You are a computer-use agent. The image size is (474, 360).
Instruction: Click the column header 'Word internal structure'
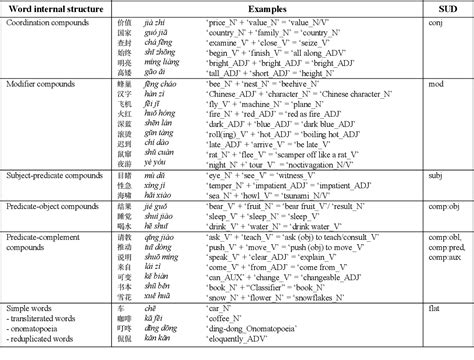tap(55, 9)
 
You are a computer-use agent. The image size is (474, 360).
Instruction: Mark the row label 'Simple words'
tap(31, 310)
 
